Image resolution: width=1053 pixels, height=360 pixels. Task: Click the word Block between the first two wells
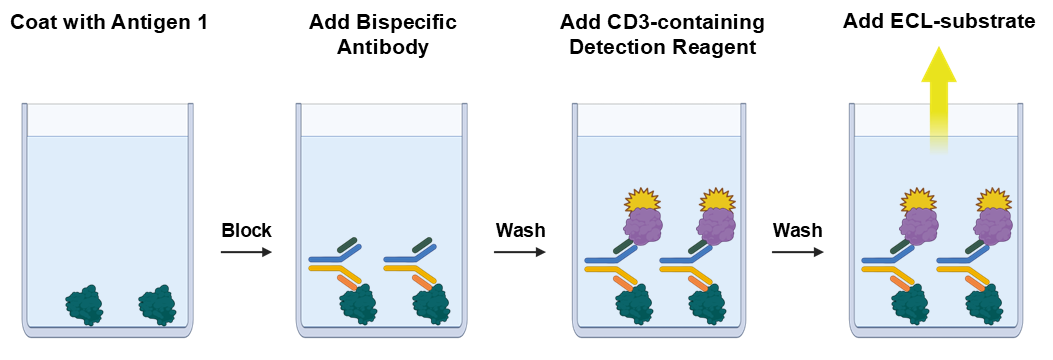tap(245, 231)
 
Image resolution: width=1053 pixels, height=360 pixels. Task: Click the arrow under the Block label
tap(245, 251)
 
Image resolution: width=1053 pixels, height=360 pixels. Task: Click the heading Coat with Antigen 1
tap(109, 21)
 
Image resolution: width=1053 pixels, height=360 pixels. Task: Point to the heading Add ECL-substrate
tap(938, 20)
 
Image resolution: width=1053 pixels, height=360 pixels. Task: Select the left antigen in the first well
tap(84, 306)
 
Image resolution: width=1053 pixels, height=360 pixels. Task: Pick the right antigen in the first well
tap(157, 305)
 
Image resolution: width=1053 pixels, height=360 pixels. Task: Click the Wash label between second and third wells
tap(520, 231)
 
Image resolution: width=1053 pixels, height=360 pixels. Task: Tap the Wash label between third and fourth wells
tap(797, 231)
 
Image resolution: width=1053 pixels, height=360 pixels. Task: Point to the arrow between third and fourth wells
tap(797, 251)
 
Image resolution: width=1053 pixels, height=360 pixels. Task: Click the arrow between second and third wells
tap(520, 251)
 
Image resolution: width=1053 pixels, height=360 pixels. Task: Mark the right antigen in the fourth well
tap(985, 304)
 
